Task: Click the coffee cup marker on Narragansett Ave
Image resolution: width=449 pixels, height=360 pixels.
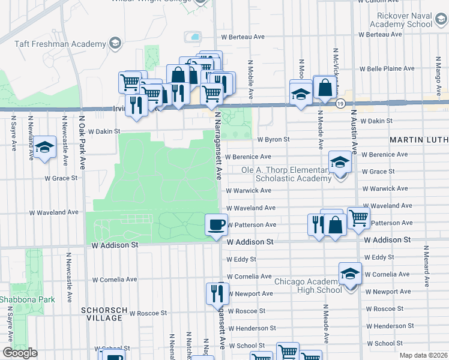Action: tap(217, 226)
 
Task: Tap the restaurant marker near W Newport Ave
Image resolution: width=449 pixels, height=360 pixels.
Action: tap(217, 293)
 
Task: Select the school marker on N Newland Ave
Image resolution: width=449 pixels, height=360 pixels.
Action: tap(44, 147)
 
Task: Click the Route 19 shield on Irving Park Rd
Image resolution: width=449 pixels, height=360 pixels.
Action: tap(340, 104)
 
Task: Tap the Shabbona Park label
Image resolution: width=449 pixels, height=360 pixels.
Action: tap(27, 299)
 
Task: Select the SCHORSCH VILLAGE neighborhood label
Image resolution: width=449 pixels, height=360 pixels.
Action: tap(104, 314)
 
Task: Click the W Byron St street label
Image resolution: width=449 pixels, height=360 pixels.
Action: tap(274, 139)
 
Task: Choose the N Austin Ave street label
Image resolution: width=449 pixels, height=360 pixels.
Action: tap(354, 132)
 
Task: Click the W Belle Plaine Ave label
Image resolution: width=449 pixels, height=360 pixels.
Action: tap(383, 68)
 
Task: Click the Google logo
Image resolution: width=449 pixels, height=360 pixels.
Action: tap(20, 353)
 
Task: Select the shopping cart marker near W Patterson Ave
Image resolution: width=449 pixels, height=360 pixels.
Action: tap(358, 218)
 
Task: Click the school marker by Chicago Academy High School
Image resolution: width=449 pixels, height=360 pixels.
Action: tap(350, 274)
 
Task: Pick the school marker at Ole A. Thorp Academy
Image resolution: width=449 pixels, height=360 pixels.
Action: tap(340, 161)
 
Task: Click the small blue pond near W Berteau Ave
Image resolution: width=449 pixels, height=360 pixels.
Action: tap(194, 37)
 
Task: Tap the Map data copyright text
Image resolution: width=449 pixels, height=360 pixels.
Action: tap(423, 355)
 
